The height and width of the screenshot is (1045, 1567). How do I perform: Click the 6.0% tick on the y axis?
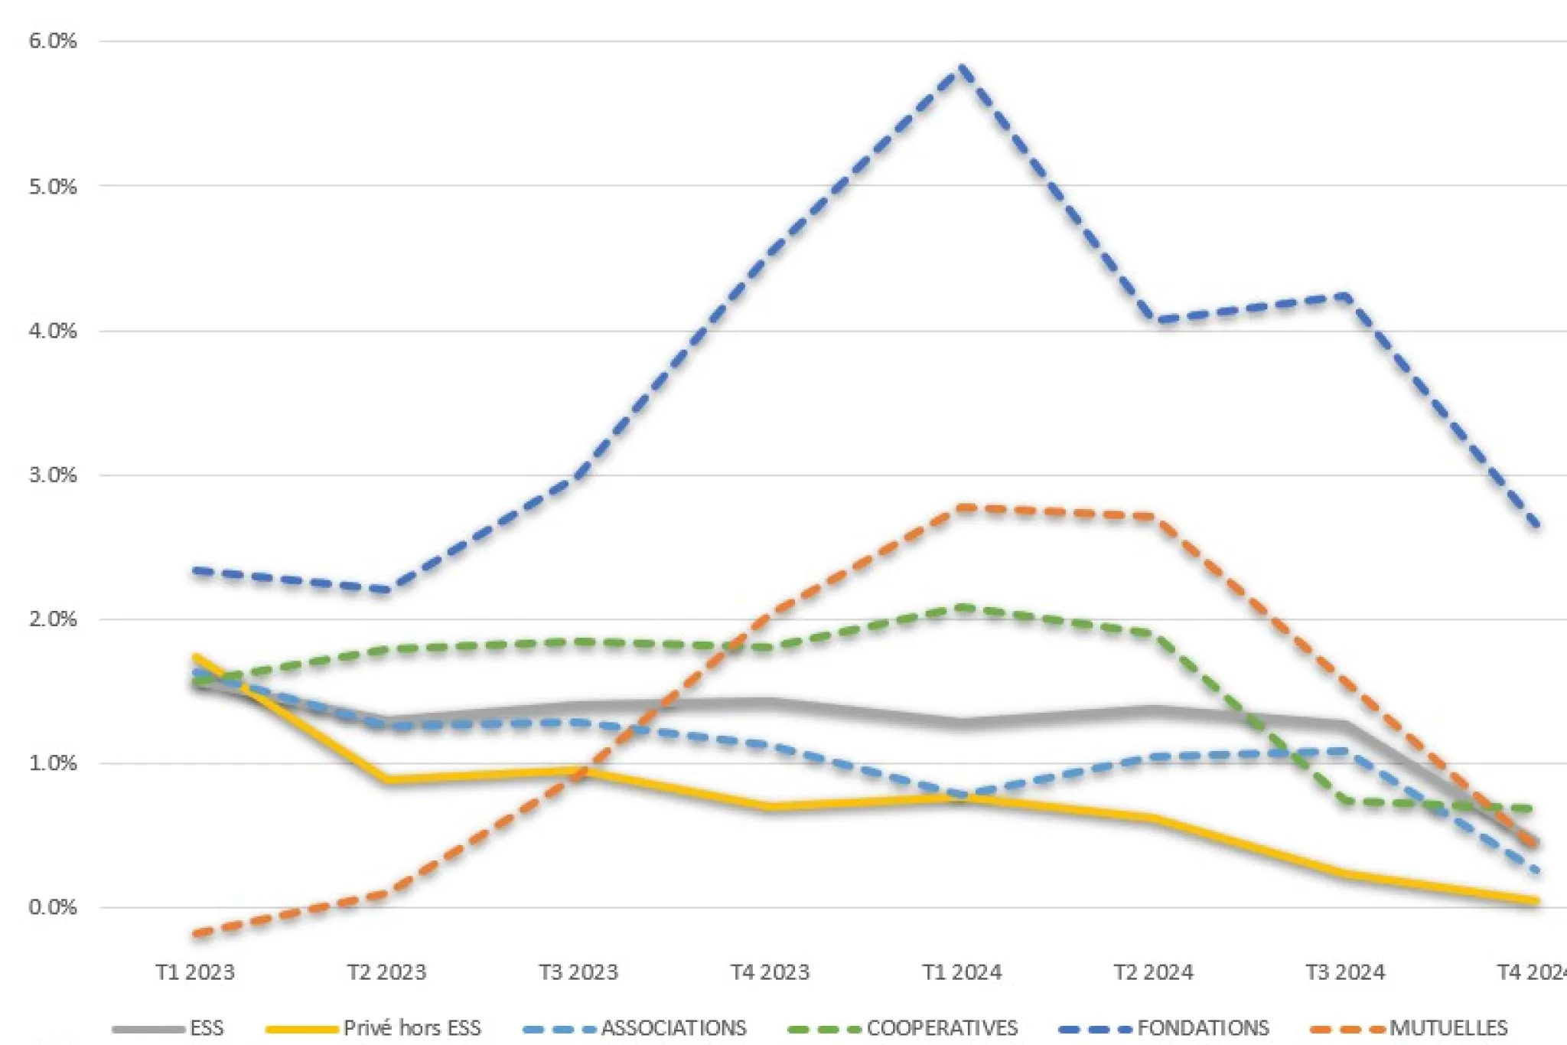pos(52,41)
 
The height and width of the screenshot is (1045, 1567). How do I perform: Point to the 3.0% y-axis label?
pos(52,475)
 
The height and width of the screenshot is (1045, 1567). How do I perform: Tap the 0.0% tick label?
pos(52,908)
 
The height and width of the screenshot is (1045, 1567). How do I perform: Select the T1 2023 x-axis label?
pos(195,972)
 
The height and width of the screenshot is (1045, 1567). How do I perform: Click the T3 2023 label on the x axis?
pos(578,972)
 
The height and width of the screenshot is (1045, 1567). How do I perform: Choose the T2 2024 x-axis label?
pos(1153,972)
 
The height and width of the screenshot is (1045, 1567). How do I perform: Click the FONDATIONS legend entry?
pos(1203,1027)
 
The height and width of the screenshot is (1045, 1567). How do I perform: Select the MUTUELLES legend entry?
pos(1448,1027)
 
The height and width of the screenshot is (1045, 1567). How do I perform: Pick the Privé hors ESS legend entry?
pos(412,1027)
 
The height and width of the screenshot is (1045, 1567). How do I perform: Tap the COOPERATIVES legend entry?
pos(941,1027)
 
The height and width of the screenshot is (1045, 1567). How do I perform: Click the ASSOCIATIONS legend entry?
pos(673,1027)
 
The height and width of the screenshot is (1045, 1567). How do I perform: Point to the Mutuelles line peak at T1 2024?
pos(961,508)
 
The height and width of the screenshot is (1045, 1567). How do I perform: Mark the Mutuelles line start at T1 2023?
pos(196,934)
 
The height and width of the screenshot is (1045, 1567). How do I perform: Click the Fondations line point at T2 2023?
pos(387,589)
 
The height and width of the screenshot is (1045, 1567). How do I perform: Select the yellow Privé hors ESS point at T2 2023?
pos(387,780)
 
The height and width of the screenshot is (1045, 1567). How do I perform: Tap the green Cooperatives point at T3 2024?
pos(1344,802)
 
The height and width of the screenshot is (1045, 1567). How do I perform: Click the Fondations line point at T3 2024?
pos(1344,296)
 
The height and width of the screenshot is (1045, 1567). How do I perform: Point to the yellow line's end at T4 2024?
pos(1535,901)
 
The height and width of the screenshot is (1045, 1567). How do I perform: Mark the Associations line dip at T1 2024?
pos(961,796)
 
